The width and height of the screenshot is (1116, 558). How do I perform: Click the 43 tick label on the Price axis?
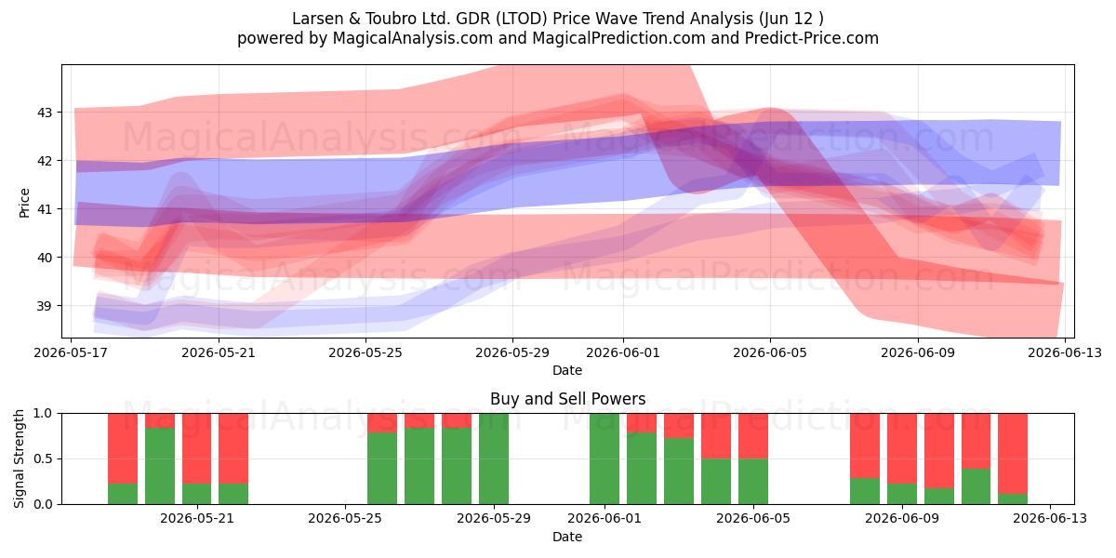click(x=44, y=113)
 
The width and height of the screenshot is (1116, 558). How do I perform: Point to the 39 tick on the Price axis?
click(x=44, y=306)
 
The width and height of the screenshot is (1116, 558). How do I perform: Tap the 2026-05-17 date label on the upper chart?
click(x=71, y=352)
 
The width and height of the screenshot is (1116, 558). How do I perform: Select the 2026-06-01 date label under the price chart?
click(x=623, y=352)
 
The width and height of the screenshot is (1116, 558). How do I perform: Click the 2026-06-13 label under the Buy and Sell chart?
click(x=1050, y=518)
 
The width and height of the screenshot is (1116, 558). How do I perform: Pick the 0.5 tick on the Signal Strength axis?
click(x=43, y=458)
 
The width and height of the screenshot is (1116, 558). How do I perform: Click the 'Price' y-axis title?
click(x=24, y=203)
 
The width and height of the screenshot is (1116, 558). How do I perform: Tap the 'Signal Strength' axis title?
click(x=19, y=458)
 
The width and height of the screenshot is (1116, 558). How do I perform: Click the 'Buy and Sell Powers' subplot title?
click(x=567, y=399)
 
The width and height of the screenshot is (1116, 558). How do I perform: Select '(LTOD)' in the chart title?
click(x=521, y=19)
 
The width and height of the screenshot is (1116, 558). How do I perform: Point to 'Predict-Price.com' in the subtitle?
click(x=811, y=38)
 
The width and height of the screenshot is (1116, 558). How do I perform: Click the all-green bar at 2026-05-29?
click(x=494, y=458)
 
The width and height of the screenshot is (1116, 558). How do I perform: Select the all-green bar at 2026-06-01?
click(x=604, y=458)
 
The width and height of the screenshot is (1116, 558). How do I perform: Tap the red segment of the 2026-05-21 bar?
click(x=196, y=448)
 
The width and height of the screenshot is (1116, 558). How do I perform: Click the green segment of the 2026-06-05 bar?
click(x=752, y=482)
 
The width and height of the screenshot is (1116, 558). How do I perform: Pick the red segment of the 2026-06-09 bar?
click(x=902, y=448)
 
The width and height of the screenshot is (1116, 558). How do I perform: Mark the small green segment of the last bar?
click(x=1013, y=498)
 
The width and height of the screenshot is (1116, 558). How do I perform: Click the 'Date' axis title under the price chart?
click(x=567, y=371)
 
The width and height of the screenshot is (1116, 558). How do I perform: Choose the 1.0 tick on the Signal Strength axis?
click(x=43, y=414)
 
